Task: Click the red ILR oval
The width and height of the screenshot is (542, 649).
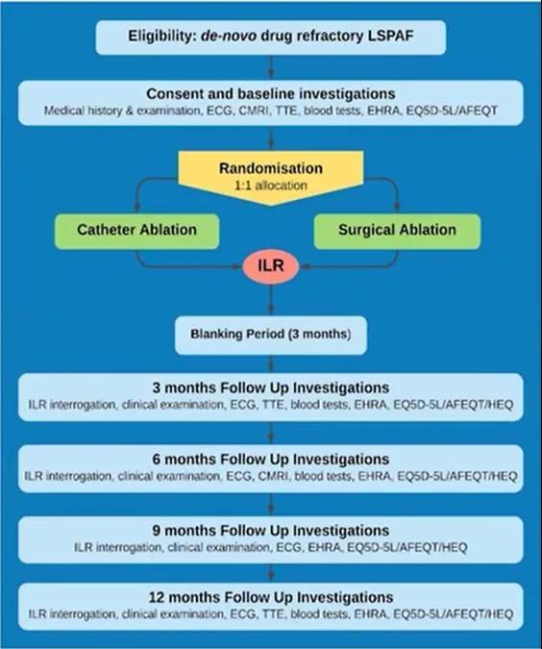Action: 271,265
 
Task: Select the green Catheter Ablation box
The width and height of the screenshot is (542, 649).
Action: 137,232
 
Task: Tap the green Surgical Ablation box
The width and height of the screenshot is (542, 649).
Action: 397,232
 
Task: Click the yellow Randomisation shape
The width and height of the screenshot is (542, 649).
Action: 271,177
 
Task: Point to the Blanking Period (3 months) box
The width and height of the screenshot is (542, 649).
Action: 271,336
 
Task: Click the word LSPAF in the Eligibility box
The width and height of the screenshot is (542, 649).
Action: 390,36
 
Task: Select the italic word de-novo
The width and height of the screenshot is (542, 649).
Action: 229,36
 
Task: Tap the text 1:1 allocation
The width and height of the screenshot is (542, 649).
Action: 271,185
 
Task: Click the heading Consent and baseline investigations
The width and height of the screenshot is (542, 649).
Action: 271,94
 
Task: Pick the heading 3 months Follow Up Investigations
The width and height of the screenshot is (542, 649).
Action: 271,388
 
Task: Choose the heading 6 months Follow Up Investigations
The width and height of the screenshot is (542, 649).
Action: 271,460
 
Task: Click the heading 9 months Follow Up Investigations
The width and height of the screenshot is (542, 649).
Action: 271,531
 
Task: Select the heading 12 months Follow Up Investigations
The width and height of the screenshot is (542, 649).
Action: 271,598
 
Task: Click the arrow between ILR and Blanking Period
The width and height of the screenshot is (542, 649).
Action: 271,300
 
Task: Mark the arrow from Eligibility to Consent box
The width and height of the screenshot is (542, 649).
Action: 271,67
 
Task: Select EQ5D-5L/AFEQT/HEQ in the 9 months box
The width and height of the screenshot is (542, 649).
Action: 407,548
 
